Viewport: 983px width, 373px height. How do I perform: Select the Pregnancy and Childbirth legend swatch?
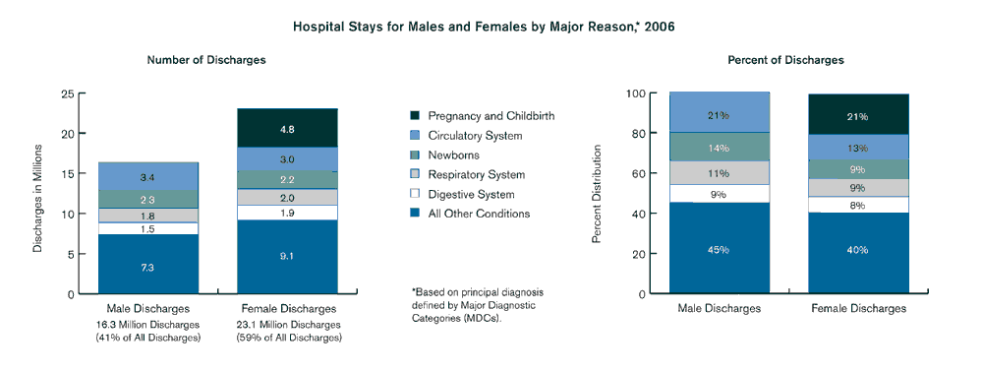click(417, 116)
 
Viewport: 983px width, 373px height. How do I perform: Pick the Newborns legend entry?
click(452, 155)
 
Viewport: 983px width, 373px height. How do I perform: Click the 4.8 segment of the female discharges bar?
click(287, 128)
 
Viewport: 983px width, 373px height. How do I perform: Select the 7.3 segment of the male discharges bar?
click(147, 267)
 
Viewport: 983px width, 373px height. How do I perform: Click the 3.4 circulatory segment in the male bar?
click(147, 177)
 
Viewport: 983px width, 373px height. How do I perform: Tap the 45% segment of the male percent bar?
click(719, 249)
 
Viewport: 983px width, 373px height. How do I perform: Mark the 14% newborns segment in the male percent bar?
click(719, 148)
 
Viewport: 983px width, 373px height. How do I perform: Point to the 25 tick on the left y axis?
click(68, 94)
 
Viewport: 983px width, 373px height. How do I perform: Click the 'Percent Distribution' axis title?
click(596, 194)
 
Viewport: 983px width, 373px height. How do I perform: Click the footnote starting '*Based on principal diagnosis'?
click(477, 292)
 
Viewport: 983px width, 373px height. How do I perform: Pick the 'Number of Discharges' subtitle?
click(205, 60)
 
